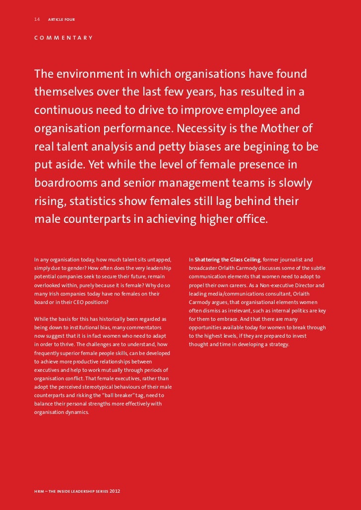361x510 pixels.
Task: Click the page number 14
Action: pyautogui.click(x=37, y=19)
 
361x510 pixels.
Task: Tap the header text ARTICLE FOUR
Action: pyautogui.click(x=61, y=20)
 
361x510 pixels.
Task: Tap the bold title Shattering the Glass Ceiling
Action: pyautogui.click(x=228, y=259)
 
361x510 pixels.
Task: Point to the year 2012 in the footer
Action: pyautogui.click(x=114, y=492)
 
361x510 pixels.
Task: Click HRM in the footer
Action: pyautogui.click(x=40, y=492)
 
